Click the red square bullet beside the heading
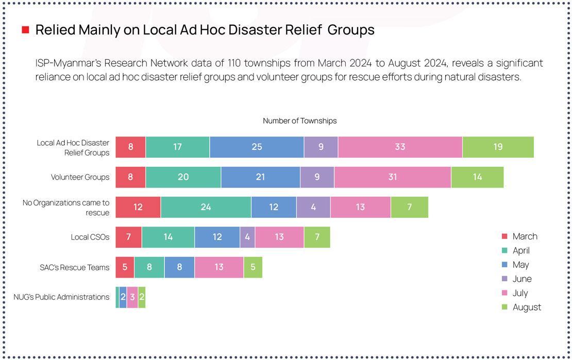(x=25, y=30)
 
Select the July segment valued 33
(x=400, y=147)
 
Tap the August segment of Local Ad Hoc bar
(x=498, y=147)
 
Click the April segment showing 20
(x=183, y=177)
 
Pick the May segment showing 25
(x=257, y=147)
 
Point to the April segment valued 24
(x=206, y=207)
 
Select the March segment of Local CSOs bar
(x=128, y=237)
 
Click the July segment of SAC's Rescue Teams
(x=219, y=267)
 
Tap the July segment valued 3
(x=132, y=298)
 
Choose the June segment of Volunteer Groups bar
(x=317, y=177)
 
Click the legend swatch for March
(x=505, y=236)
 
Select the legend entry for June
(x=522, y=279)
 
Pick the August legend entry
(x=526, y=307)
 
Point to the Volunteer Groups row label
(x=80, y=177)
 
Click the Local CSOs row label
(x=90, y=237)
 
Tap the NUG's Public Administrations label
(x=61, y=297)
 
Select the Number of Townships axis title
(x=299, y=121)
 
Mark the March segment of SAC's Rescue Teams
(x=125, y=267)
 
